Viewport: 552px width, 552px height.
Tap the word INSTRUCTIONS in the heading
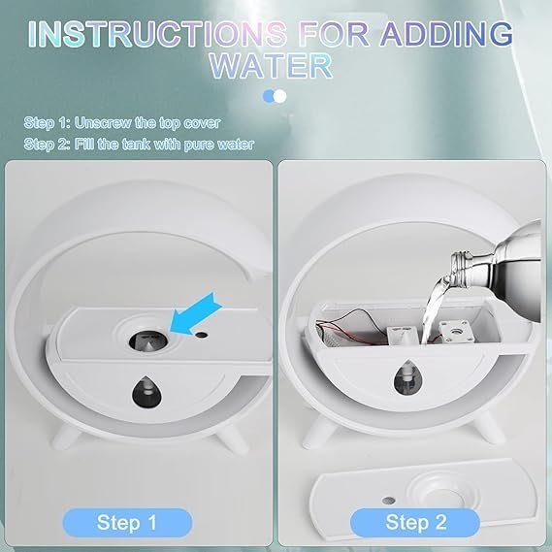coord(157,34)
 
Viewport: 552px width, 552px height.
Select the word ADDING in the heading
coord(446,34)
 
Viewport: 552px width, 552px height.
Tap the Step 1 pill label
coord(127,523)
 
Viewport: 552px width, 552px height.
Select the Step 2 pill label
coord(415,523)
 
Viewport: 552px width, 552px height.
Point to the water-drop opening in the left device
coord(147,392)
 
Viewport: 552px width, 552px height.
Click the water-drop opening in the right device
coord(407,377)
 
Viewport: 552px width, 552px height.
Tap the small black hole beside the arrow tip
coord(201,336)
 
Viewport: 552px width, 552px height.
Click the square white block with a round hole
coord(454,332)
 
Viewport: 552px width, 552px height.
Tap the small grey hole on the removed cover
coord(388,500)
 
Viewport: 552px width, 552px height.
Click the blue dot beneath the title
coord(270,96)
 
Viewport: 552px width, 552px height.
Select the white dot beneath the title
coord(279,96)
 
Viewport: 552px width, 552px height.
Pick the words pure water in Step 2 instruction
coord(218,145)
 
